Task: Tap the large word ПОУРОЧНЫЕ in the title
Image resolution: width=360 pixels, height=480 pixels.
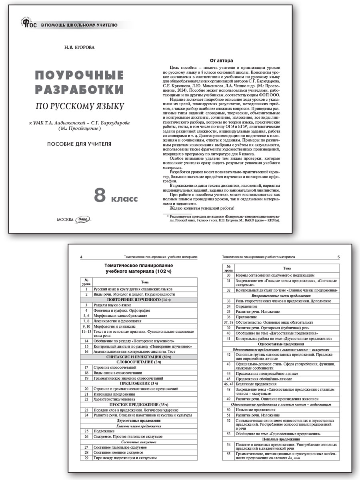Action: click(79, 75)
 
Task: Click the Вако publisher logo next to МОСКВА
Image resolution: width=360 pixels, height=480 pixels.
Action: click(83, 219)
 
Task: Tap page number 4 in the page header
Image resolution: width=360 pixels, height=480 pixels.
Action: click(82, 257)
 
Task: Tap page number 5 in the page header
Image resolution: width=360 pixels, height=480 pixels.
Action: click(338, 257)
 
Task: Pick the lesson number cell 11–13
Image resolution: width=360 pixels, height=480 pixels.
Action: click(86, 332)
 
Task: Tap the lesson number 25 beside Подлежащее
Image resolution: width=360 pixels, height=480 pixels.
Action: click(86, 431)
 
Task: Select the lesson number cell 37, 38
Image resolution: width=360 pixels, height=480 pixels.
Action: click(228, 322)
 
